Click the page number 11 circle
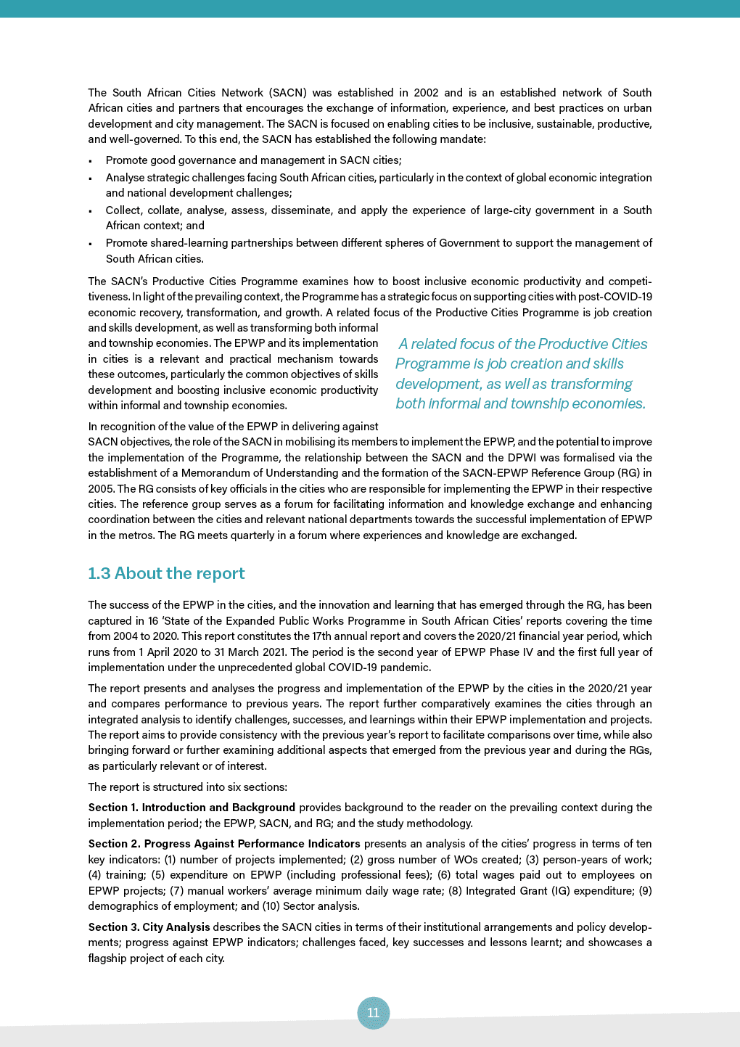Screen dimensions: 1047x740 click(373, 1013)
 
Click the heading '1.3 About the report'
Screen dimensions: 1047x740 click(166, 573)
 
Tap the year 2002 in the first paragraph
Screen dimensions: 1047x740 click(426, 93)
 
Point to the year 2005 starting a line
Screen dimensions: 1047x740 click(101, 488)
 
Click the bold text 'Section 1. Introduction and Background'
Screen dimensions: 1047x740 click(192, 808)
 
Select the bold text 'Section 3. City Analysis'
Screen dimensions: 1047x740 click(149, 927)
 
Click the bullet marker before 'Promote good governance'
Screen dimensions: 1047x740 click(90, 161)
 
